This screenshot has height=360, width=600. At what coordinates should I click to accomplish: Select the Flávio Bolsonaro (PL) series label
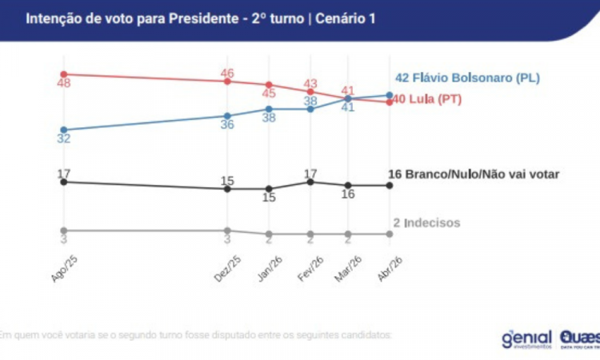(468, 78)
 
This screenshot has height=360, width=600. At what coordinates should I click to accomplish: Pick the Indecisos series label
(426, 222)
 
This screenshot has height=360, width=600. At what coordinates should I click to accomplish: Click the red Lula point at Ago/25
(63, 74)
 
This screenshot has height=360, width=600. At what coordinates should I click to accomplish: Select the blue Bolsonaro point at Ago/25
(63, 130)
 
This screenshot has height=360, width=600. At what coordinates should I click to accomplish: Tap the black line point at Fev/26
(310, 182)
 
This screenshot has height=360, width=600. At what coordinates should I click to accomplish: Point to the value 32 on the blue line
(63, 139)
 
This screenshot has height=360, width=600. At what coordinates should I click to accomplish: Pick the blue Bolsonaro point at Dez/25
(228, 115)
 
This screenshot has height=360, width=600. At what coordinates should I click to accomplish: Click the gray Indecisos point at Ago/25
(63, 230)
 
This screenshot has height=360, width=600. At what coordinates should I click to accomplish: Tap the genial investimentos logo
(526, 338)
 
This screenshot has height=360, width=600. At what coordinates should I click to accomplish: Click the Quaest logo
(579, 338)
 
